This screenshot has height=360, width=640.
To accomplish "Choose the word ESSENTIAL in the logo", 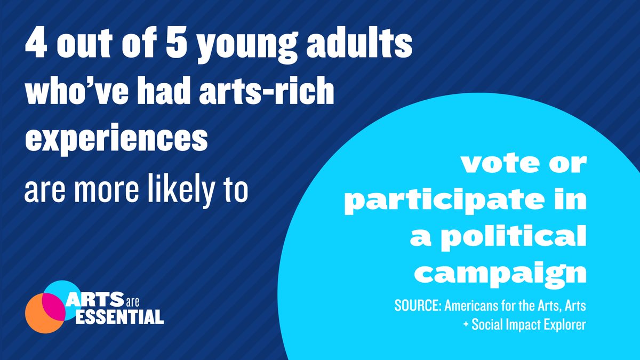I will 120,318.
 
